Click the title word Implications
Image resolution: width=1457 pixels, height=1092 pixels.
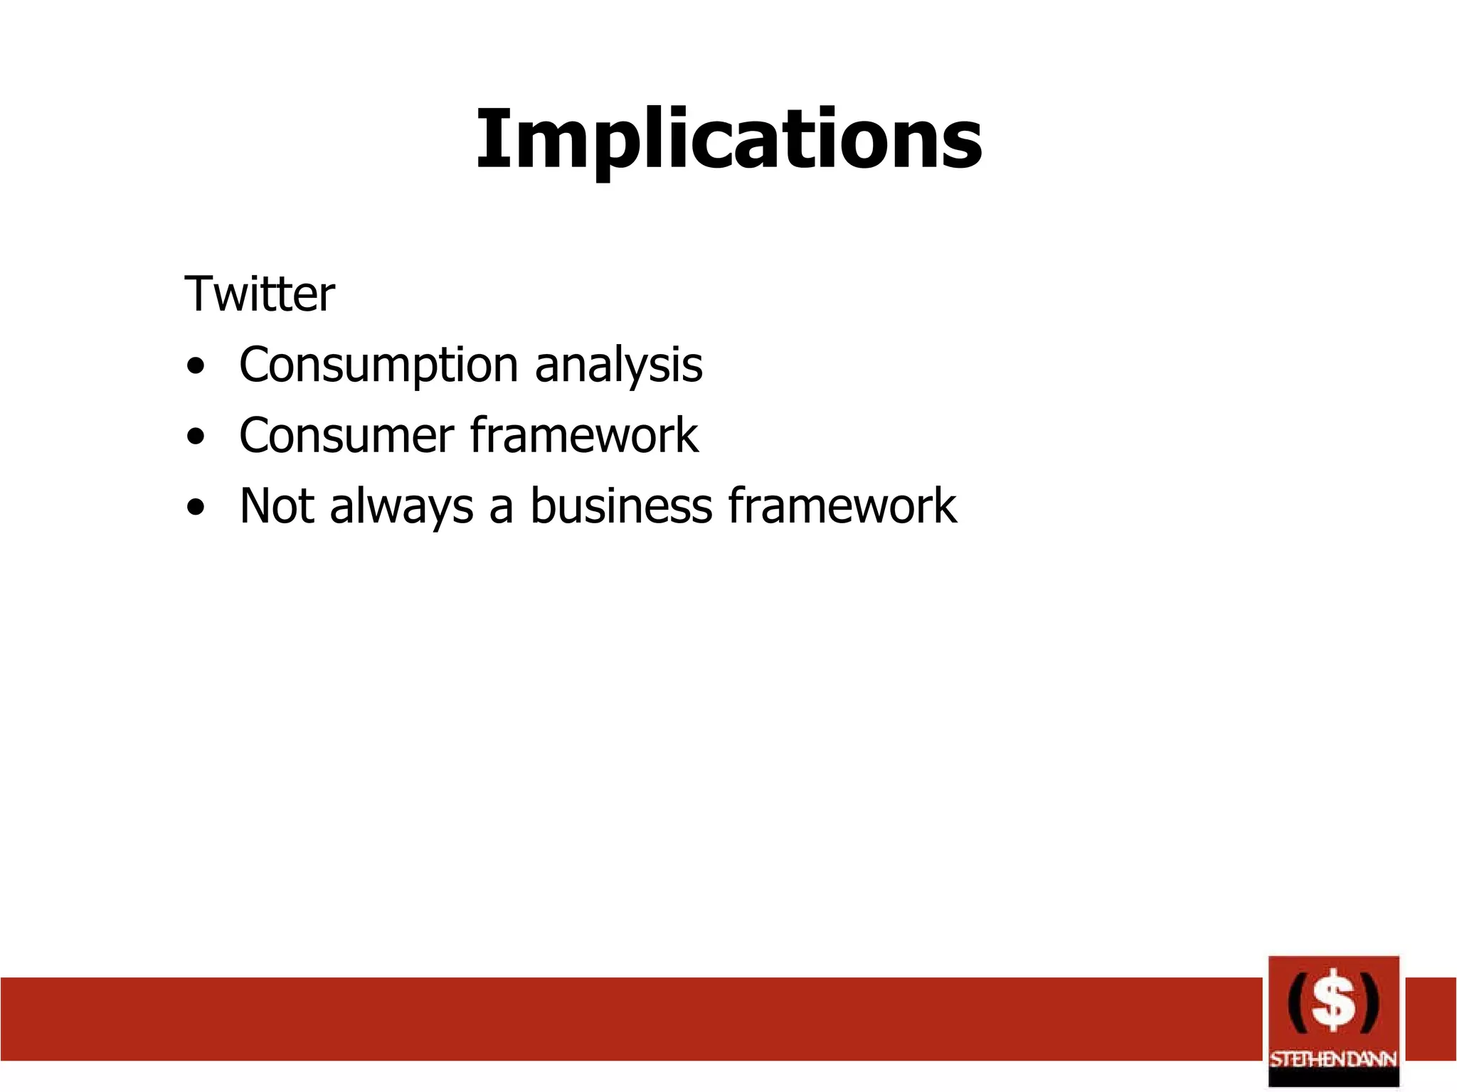tap(728, 139)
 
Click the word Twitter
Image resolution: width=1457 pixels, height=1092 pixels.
tap(259, 294)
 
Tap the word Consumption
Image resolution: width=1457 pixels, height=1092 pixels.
tap(378, 365)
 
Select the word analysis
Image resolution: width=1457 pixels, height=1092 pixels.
tap(618, 365)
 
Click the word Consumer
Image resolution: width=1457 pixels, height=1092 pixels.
tap(346, 436)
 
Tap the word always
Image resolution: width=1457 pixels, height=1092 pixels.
tap(401, 508)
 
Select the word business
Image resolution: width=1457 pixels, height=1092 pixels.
tap(621, 506)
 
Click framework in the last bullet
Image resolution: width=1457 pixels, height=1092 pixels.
tap(842, 506)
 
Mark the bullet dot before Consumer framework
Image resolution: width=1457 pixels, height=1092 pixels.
tap(196, 438)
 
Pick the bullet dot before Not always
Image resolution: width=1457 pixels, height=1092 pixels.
tap(196, 508)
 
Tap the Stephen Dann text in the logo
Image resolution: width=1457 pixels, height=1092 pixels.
tap(1333, 1059)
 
